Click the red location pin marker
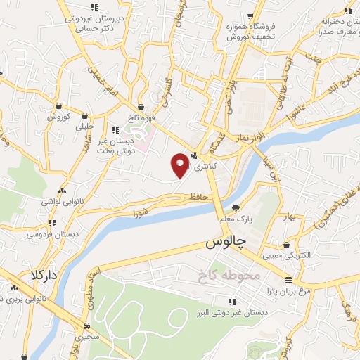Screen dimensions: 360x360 [180, 165]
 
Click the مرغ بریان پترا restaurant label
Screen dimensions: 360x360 [285, 290]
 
